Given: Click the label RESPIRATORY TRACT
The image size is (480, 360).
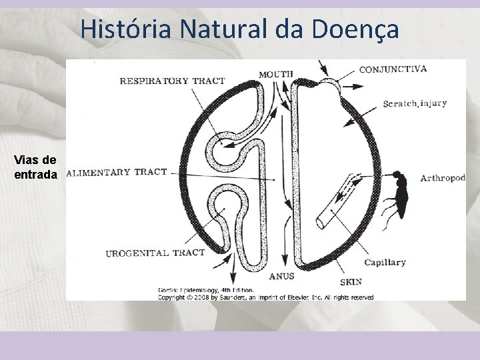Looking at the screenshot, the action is tap(172, 81).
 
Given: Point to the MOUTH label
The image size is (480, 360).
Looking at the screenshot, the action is tap(276, 73).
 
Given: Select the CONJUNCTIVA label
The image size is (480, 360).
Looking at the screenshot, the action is tap(393, 69).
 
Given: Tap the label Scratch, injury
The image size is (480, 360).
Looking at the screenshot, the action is tap(415, 103).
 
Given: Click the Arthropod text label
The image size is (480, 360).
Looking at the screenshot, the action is tap(443, 178).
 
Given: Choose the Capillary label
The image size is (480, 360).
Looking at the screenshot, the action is tap(385, 263).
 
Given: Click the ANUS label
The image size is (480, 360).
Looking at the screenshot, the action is tap(281, 275).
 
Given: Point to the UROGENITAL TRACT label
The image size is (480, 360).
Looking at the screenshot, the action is tap(155, 253).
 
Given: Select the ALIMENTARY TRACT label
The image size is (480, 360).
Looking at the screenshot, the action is tap(117, 172).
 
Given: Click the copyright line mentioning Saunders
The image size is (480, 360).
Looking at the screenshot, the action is tap(265, 297).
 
